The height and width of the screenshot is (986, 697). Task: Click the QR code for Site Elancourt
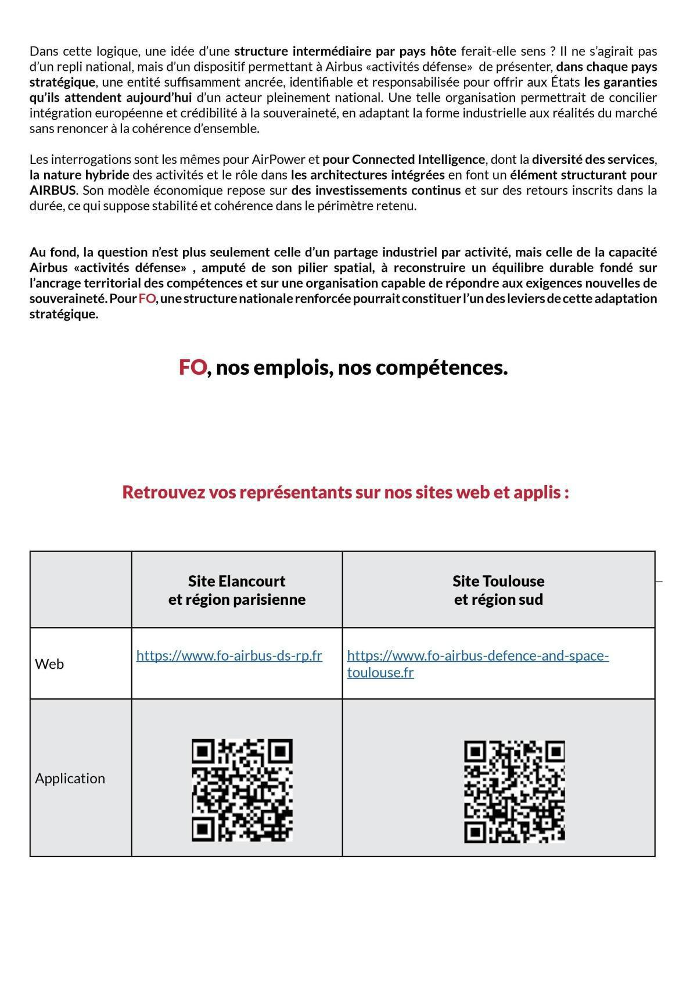click(x=242, y=790)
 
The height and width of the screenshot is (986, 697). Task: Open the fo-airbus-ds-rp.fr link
click(x=229, y=655)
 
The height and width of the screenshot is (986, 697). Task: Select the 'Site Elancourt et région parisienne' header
click(x=236, y=590)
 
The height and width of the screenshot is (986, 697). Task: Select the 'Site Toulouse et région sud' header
click(x=498, y=590)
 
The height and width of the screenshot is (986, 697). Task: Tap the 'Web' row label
click(x=49, y=664)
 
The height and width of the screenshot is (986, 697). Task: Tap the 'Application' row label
click(x=70, y=778)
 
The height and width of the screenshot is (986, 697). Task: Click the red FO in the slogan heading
click(x=192, y=367)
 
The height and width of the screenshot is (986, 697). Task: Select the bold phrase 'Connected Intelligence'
click(x=418, y=159)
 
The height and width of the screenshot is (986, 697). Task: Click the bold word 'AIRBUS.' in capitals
click(x=53, y=190)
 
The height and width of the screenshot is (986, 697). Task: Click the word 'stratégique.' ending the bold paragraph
click(x=64, y=314)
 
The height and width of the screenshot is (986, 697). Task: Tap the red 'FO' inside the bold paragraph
click(x=147, y=299)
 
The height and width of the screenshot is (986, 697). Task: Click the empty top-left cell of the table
click(x=81, y=589)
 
